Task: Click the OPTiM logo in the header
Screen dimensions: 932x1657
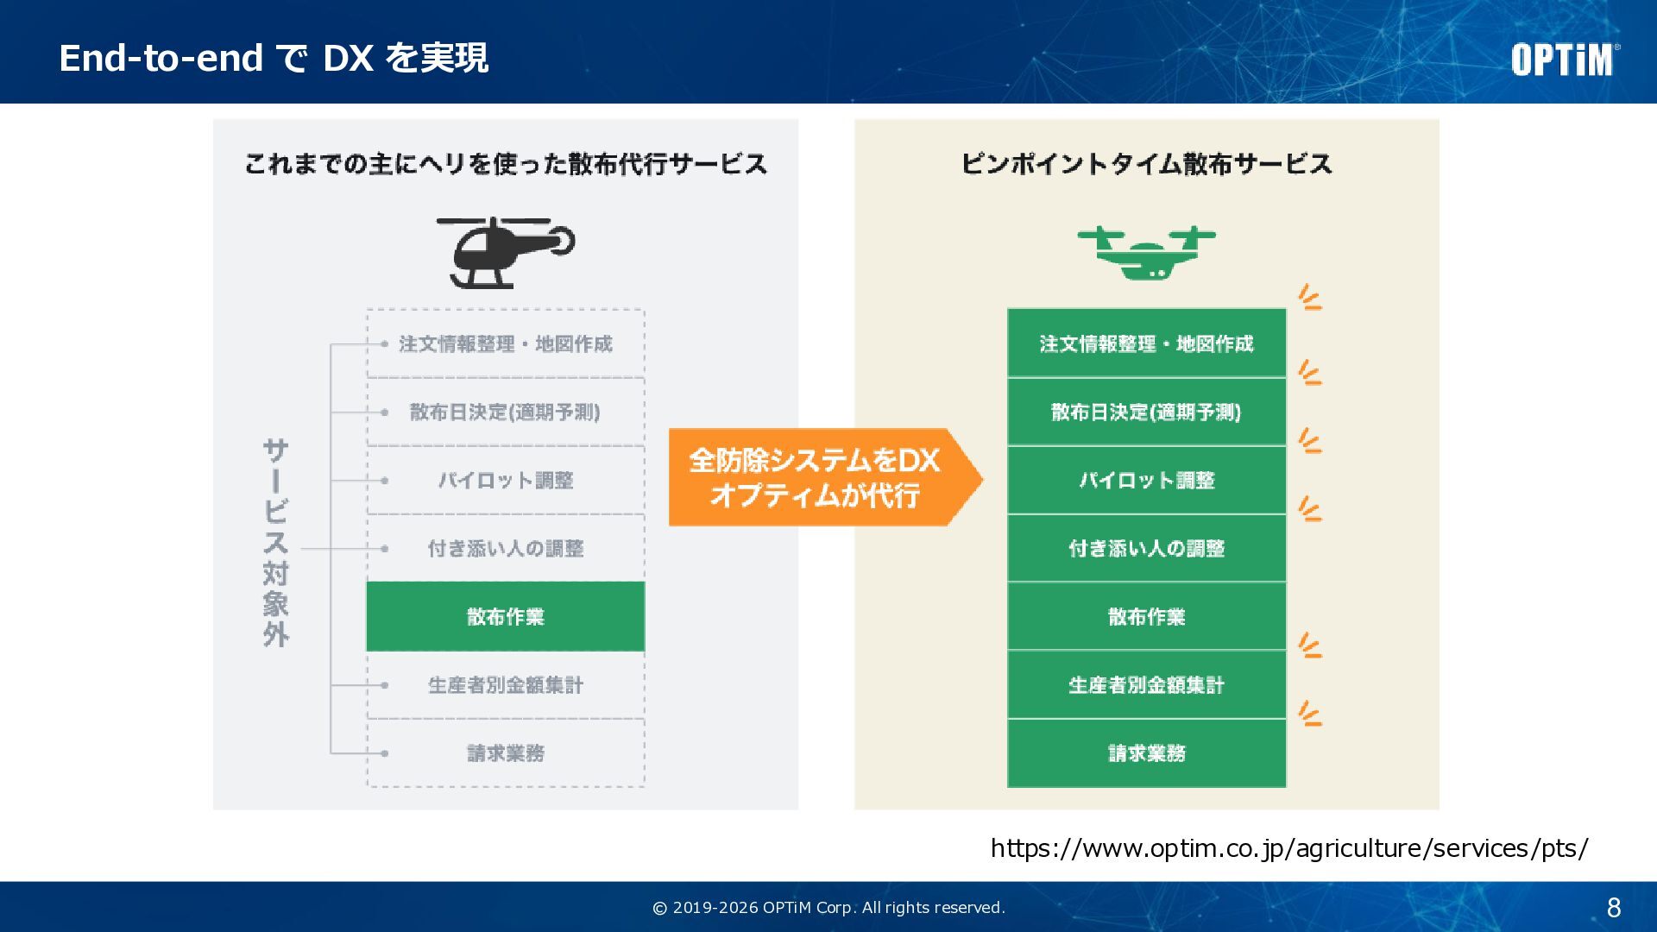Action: coord(1564,60)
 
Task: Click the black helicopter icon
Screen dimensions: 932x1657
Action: coord(506,252)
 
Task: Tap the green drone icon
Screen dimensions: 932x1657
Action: coord(1146,253)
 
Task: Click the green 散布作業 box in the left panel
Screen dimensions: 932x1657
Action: coord(506,616)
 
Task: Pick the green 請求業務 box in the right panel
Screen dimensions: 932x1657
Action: coord(1146,753)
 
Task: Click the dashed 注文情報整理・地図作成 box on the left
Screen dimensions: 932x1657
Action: coord(506,344)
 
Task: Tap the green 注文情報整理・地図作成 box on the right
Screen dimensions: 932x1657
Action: coord(1146,344)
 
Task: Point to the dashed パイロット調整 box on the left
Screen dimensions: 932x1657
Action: coord(506,481)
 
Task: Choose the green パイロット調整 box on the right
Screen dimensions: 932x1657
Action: coord(1146,481)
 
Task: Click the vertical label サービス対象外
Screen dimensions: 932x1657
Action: coord(276,543)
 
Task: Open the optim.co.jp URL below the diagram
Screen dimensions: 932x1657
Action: coord(1288,848)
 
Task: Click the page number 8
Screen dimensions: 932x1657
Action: coord(1613,908)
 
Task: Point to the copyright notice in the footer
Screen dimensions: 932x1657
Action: coord(828,908)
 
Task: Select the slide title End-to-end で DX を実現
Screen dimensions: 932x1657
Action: coord(274,59)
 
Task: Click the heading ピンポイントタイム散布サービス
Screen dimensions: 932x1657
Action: coord(1146,164)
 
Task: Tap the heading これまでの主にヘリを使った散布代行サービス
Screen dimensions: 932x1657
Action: coord(506,164)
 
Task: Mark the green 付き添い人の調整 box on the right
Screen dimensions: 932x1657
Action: coord(1146,549)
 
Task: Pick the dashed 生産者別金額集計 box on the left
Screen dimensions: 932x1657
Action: coord(506,685)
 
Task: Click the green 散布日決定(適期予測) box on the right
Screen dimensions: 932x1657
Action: coord(1146,412)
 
